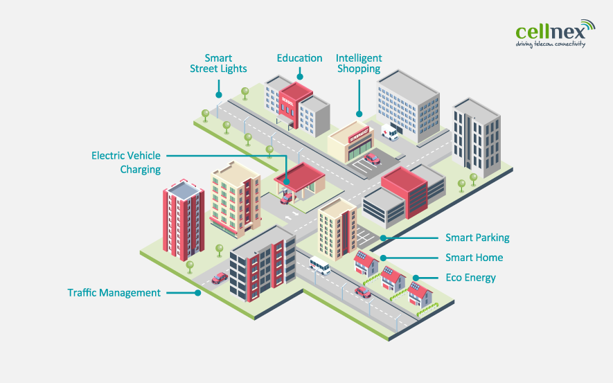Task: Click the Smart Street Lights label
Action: (x=218, y=64)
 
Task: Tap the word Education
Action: (x=299, y=58)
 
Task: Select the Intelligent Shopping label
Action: (x=359, y=64)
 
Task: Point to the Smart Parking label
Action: (x=477, y=238)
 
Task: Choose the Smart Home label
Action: (x=474, y=258)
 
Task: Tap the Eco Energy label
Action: (x=471, y=278)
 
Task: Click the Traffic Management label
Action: (x=114, y=293)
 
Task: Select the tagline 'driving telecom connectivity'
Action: (x=551, y=44)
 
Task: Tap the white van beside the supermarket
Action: (x=390, y=132)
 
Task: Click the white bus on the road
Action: (x=320, y=265)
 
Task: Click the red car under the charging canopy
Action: (x=286, y=199)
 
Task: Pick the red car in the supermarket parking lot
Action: (x=372, y=159)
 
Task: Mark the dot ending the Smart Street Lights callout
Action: (x=218, y=95)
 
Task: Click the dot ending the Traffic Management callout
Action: (x=198, y=293)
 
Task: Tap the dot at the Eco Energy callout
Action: (x=416, y=278)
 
